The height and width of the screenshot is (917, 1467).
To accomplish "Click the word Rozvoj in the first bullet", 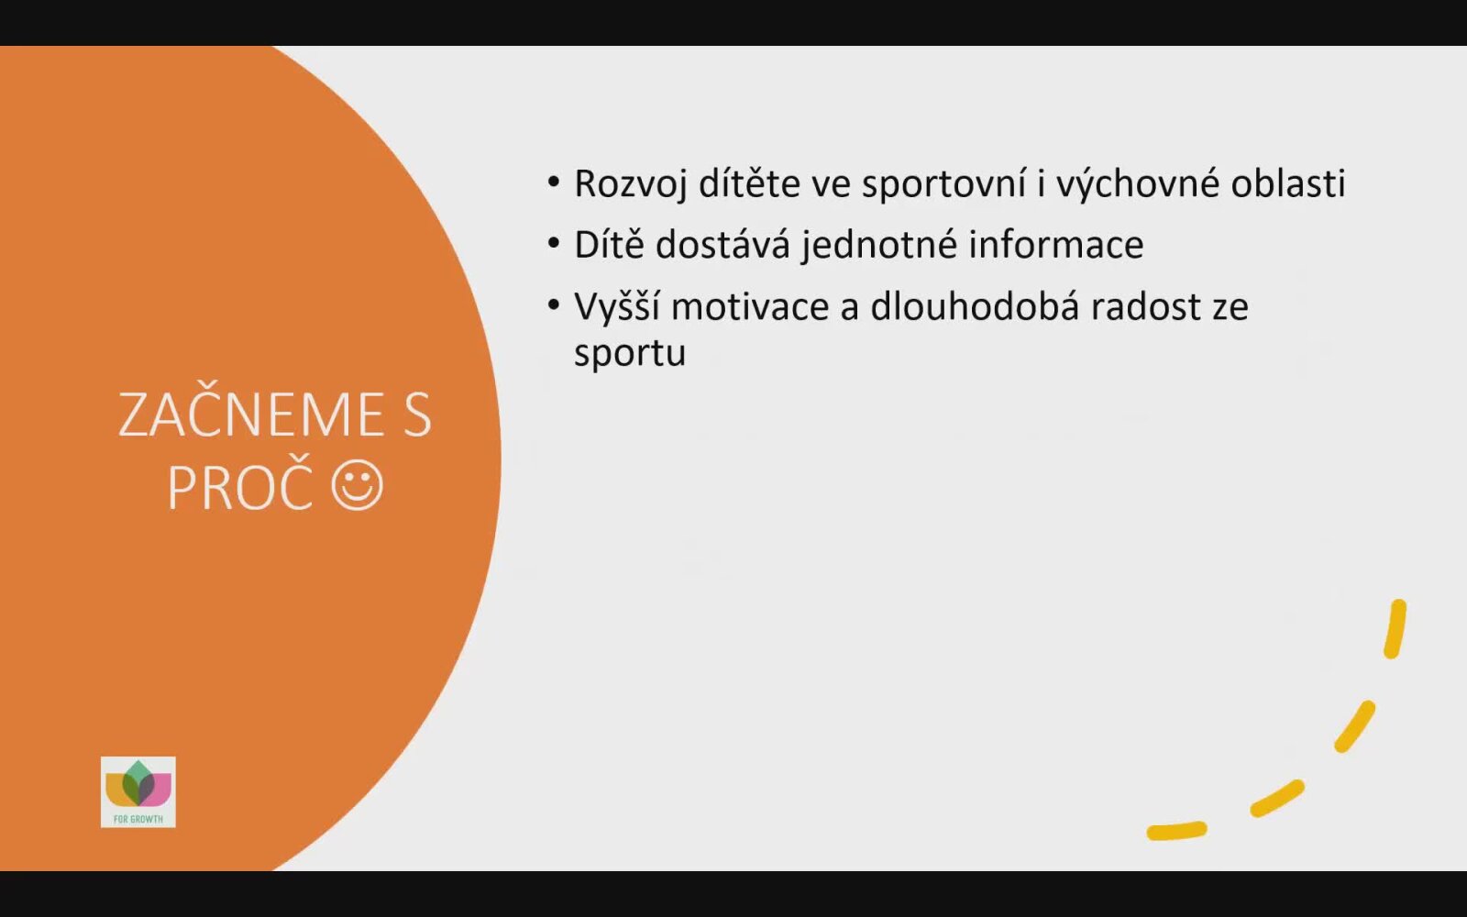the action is tap(631, 184).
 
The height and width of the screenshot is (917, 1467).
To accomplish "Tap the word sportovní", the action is tap(943, 184).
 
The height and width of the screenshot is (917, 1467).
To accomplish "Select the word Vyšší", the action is tap(617, 306).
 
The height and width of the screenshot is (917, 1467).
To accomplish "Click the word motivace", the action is tap(750, 306).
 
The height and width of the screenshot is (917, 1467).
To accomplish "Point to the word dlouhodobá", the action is tap(975, 306).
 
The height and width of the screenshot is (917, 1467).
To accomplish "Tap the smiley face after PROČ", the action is tap(357, 485).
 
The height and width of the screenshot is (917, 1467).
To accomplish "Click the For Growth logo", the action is tap(138, 792).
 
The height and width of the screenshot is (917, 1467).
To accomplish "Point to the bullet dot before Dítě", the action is tap(554, 243).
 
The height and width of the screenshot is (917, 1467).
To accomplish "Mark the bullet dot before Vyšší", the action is tap(554, 304).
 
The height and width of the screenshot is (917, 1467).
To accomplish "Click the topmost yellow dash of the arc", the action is tap(1395, 629).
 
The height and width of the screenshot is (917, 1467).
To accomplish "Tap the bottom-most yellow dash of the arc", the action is tap(1177, 831).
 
